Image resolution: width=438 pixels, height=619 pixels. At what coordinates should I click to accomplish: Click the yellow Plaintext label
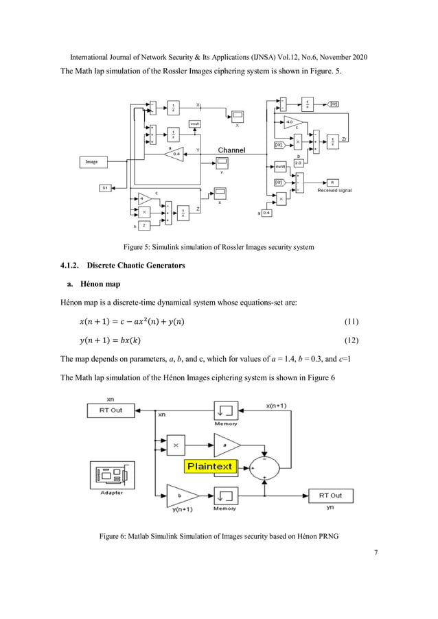tap(209, 467)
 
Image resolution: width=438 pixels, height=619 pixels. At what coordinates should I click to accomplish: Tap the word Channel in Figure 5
tap(232, 150)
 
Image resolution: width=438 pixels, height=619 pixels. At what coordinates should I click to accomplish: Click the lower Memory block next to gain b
tap(226, 495)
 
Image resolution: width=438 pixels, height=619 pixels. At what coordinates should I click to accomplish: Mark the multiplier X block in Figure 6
tap(176, 445)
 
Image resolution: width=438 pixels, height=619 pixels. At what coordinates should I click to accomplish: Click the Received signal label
tap(334, 190)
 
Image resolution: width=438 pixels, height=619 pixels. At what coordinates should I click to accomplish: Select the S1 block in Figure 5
tap(106, 187)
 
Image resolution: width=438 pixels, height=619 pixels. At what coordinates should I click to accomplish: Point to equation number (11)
tap(349, 322)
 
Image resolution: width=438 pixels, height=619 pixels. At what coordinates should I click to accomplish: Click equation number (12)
tap(349, 341)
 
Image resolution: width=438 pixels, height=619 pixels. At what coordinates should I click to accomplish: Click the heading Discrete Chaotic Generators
tap(136, 265)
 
